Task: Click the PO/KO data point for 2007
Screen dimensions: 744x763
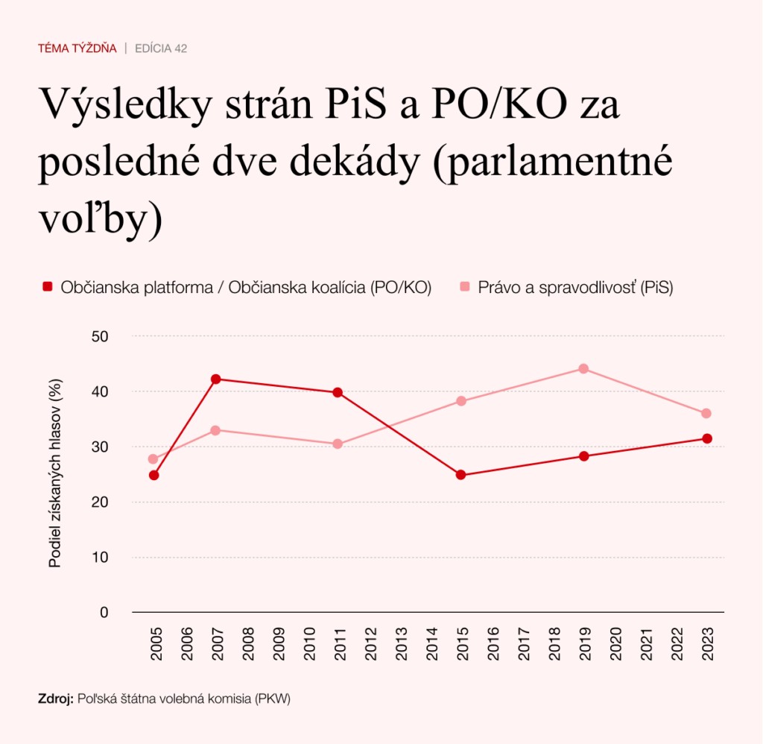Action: click(215, 379)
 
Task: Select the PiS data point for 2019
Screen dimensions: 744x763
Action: click(583, 368)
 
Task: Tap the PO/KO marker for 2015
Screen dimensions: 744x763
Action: click(460, 475)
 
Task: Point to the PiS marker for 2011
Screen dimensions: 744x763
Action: click(338, 444)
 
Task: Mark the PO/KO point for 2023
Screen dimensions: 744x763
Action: click(706, 438)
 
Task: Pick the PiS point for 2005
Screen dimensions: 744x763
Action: click(153, 459)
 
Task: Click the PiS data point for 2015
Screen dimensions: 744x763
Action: click(460, 401)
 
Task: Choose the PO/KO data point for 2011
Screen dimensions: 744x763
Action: click(338, 392)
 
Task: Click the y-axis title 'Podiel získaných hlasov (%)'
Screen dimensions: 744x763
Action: click(55, 473)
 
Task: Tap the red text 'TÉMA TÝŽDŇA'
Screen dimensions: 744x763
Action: click(77, 48)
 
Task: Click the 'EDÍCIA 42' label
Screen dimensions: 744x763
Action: click(160, 48)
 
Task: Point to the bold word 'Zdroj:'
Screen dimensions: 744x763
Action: click(56, 699)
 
